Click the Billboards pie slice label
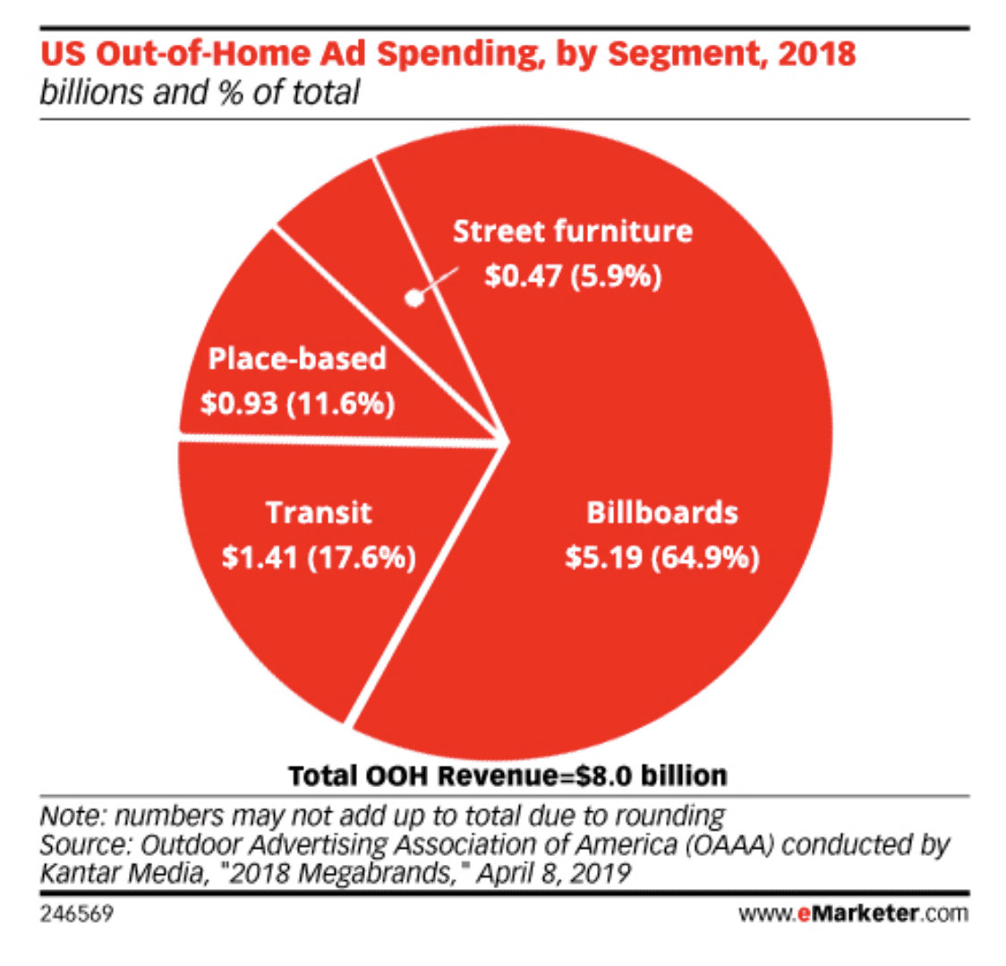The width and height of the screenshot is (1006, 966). coord(662,513)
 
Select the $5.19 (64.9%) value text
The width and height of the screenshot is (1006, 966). coord(662,558)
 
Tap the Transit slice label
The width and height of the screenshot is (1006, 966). coord(319,513)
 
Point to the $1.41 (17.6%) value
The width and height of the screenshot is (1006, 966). coord(319,559)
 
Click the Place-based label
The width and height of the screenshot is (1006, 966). coord(297,360)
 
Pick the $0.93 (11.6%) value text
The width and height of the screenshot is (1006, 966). coord(297,404)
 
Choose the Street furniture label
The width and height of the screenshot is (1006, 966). coord(573,231)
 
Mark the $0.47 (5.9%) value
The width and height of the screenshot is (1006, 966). coord(573,276)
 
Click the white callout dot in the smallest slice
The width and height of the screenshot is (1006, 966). coord(413,300)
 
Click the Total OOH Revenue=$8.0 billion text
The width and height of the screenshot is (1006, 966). coord(507,775)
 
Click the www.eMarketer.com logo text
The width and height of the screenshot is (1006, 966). coord(854,915)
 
